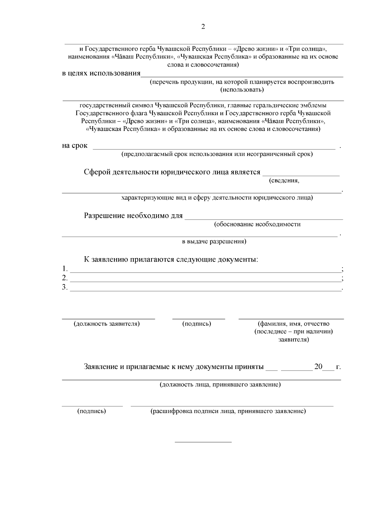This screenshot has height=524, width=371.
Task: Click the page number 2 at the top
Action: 203,27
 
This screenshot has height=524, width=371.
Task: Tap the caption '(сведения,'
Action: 284,181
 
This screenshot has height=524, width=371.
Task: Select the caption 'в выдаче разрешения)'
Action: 214,241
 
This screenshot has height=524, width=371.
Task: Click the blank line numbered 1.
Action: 205,271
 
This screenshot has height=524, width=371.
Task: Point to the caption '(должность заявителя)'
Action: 107,324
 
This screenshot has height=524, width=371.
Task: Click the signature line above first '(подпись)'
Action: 198,318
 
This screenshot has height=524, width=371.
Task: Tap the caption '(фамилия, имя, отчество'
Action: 293,324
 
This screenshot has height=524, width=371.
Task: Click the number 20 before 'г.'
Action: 318,367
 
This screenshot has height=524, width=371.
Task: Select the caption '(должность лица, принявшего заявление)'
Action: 220,385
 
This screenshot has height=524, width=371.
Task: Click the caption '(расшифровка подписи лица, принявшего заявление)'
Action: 228,411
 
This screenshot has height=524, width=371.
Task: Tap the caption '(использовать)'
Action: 242,90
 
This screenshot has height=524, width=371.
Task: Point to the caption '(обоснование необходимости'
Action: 257,224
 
